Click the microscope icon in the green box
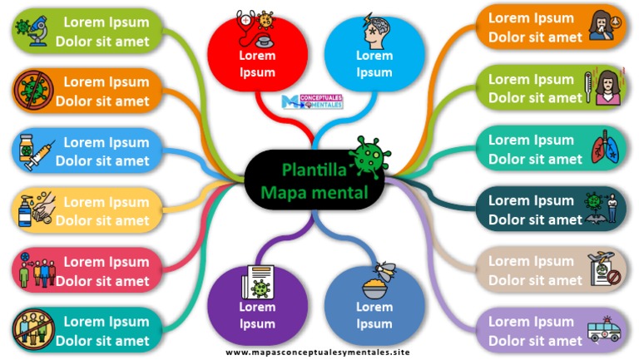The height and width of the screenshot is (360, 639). coord(32,31)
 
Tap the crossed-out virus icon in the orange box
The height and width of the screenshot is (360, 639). coord(32,91)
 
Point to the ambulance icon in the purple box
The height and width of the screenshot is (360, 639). coord(605,329)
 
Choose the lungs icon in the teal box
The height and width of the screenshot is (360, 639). coord(604,150)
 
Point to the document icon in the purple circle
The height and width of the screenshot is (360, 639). coord(256,283)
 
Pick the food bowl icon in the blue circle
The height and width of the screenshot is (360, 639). coord(374,284)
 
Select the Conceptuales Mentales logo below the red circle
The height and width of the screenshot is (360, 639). coord(313,102)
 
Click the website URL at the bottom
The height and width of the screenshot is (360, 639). coord(318,353)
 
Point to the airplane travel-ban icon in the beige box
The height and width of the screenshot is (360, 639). coord(605,269)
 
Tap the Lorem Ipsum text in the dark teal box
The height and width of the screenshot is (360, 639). coord(530,200)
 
